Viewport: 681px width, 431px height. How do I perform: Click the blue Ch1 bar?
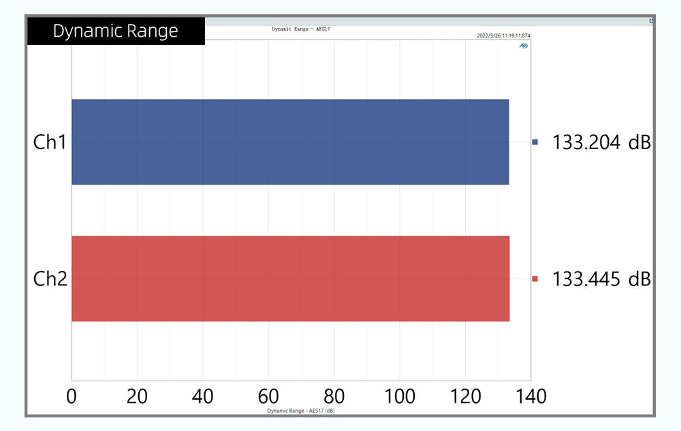(x=290, y=142)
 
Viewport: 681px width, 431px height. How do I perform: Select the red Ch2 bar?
(x=290, y=278)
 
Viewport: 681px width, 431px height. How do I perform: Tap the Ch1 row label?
(x=50, y=142)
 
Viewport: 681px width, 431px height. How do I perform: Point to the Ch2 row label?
(x=50, y=278)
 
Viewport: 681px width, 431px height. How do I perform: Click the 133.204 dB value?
(x=601, y=142)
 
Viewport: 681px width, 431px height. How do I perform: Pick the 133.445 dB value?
(x=601, y=278)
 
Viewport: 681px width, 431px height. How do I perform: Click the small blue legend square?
(x=535, y=142)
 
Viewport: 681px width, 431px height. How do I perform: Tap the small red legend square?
(x=535, y=278)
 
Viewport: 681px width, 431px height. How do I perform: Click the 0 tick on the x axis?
(x=72, y=396)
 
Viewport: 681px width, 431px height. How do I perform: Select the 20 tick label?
(x=138, y=396)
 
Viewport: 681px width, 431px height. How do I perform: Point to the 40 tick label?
(x=203, y=396)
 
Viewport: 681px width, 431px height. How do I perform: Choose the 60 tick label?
(x=268, y=396)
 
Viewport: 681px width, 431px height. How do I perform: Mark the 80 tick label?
(x=334, y=396)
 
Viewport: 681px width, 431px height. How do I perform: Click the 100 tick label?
(x=399, y=396)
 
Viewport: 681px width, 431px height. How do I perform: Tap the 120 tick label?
(x=465, y=396)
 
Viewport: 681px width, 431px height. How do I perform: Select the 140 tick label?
(x=531, y=396)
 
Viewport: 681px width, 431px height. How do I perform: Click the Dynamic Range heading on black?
(x=116, y=31)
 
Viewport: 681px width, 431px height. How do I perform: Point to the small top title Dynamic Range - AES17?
(x=301, y=29)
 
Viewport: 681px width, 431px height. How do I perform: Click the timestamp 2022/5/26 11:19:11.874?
(x=504, y=35)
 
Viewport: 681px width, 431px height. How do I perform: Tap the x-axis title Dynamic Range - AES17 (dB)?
(x=300, y=411)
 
